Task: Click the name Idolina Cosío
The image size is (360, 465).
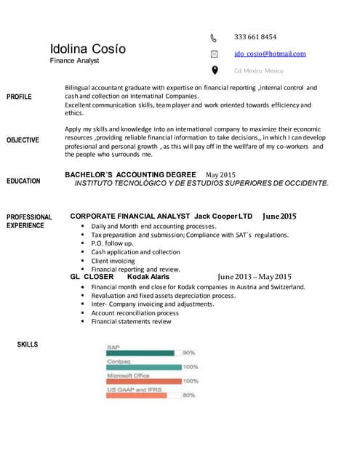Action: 87,49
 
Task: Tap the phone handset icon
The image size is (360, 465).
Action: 214,37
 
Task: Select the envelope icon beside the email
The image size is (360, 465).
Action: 214,54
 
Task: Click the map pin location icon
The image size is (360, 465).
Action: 214,70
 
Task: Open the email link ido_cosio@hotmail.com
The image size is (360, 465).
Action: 270,54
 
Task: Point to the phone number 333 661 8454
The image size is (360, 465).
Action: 255,37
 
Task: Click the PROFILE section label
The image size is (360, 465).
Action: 19,96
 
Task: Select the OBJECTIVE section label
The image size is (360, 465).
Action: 23,140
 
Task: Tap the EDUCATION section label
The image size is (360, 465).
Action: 23,181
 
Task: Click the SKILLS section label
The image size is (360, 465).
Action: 28,344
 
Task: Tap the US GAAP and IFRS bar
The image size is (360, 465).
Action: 137,395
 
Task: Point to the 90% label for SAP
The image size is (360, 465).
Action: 189,353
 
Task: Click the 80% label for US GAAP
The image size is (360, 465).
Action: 189,395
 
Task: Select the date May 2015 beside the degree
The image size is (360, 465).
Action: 221,175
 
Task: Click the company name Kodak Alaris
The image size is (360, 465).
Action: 148,277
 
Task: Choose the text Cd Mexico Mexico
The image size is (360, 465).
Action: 258,70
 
